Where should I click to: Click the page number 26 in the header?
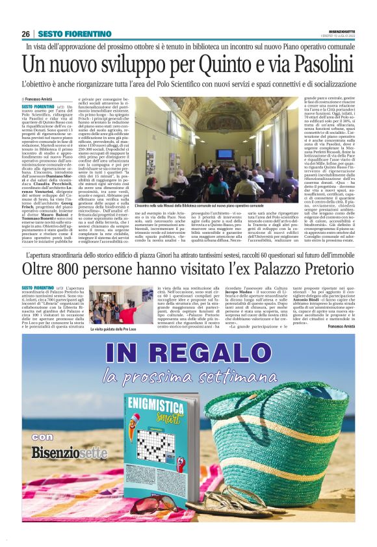point(26,34)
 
